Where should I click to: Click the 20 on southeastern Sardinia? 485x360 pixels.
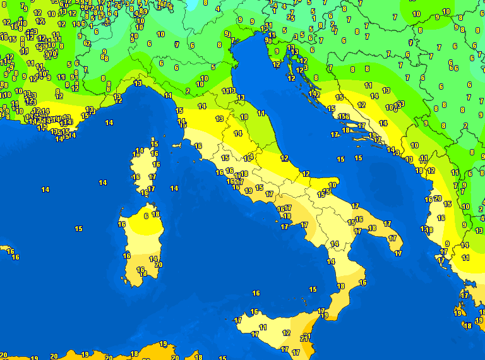point(158,265)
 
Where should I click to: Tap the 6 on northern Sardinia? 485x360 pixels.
point(146,215)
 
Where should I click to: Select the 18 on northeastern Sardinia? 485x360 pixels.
point(155,215)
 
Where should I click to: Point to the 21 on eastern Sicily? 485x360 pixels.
point(305,339)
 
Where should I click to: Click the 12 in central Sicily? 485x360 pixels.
point(286,333)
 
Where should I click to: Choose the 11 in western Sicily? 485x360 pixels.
point(263,327)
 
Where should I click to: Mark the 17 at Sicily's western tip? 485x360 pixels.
point(238,320)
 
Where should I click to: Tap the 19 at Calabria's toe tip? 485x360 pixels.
point(325,315)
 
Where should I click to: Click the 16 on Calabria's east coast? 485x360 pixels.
point(362,282)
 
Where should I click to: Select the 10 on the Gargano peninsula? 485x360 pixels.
point(332,186)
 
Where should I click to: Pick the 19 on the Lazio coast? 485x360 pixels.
point(249,191)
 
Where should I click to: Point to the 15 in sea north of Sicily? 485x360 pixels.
point(313,289)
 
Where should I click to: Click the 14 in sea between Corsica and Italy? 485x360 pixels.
point(174,188)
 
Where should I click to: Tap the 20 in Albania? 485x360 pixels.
point(437,198)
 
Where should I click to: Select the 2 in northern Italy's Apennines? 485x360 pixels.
point(188,91)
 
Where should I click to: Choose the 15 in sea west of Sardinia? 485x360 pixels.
point(78,229)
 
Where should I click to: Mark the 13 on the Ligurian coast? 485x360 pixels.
point(138,83)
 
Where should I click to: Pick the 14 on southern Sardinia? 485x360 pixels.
point(153,259)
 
